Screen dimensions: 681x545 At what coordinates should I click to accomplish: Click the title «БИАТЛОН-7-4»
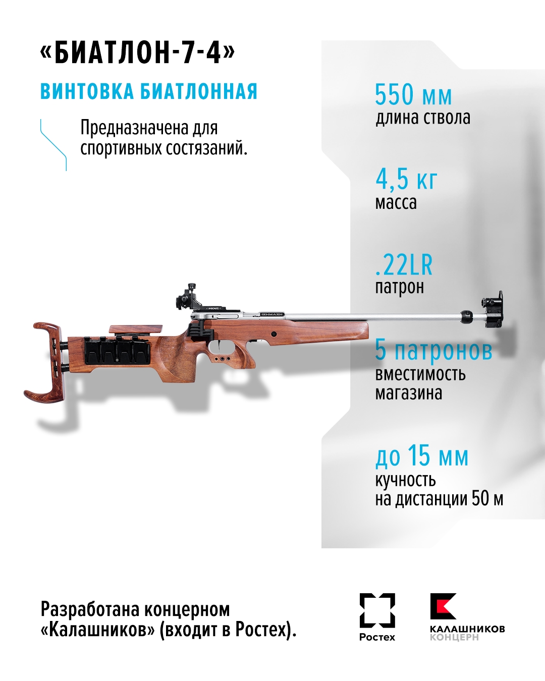(x=137, y=52)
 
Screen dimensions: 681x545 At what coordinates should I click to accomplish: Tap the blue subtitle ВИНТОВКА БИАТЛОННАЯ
(x=149, y=92)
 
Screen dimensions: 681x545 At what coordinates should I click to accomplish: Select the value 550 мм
(x=413, y=94)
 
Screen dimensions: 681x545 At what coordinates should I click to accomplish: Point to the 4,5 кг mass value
(x=406, y=179)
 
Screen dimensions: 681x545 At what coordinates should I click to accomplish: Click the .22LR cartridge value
(x=404, y=264)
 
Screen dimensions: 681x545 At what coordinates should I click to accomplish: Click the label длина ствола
(x=423, y=118)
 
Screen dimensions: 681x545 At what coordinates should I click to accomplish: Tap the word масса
(x=396, y=203)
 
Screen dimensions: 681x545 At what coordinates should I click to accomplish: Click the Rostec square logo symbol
(x=377, y=610)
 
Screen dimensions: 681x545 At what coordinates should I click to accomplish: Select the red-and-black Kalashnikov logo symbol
(x=443, y=606)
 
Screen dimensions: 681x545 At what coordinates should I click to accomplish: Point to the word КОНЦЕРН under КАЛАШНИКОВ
(x=454, y=638)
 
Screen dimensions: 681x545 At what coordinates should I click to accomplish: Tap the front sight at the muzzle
(x=492, y=310)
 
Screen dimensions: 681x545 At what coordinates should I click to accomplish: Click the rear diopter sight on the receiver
(x=186, y=297)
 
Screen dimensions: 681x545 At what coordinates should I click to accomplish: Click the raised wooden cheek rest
(x=136, y=329)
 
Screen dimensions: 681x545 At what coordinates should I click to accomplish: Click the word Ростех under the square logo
(x=377, y=637)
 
